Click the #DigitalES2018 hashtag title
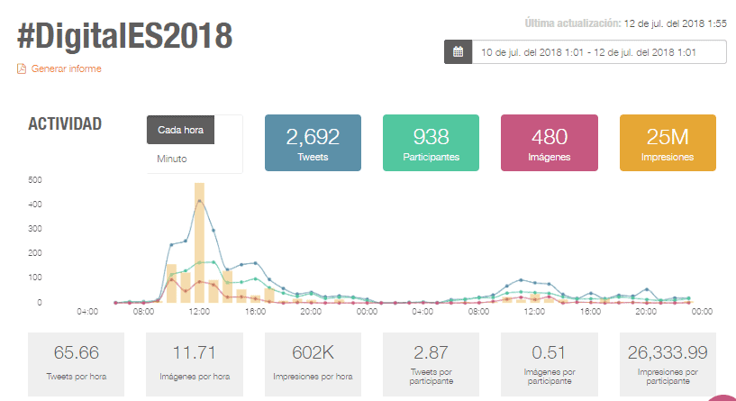pyautogui.click(x=124, y=36)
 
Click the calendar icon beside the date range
pyautogui.click(x=459, y=52)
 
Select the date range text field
pyautogui.click(x=599, y=52)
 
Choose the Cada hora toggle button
pyautogui.click(x=181, y=130)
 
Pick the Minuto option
pyautogui.click(x=172, y=159)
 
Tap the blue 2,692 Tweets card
pyautogui.click(x=313, y=142)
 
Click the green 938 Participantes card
pyautogui.click(x=431, y=142)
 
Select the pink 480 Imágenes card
pyautogui.click(x=550, y=142)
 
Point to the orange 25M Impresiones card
pyautogui.click(x=668, y=142)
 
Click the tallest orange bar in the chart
pyautogui.click(x=199, y=242)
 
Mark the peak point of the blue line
pyautogui.click(x=199, y=201)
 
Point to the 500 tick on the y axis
pyautogui.click(x=35, y=180)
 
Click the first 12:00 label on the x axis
pyautogui.click(x=199, y=311)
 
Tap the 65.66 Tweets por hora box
pyautogui.click(x=76, y=364)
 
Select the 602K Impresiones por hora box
pyautogui.click(x=313, y=364)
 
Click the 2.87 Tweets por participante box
pyautogui.click(x=431, y=364)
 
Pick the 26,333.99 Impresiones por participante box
pyautogui.click(x=668, y=364)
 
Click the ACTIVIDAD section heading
pyautogui.click(x=65, y=124)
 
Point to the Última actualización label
pyautogui.click(x=573, y=23)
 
